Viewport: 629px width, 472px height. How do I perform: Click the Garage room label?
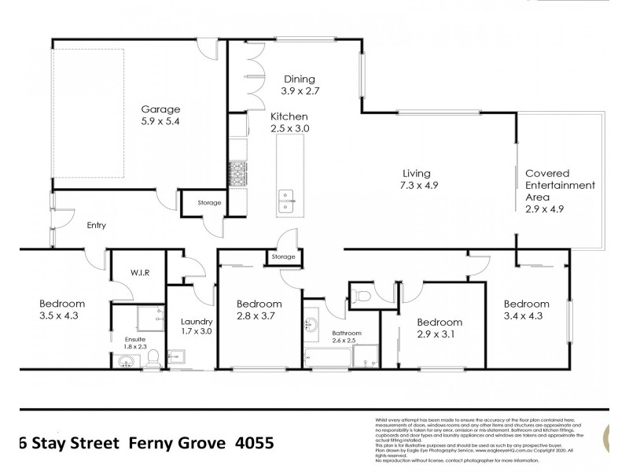pyautogui.click(x=160, y=116)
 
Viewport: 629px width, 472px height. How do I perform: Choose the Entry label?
pyautogui.click(x=96, y=226)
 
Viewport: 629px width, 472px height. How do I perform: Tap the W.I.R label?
pyautogui.click(x=141, y=272)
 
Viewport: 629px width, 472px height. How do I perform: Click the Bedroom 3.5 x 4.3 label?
pyautogui.click(x=62, y=310)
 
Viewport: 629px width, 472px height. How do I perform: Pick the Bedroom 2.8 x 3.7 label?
pyautogui.click(x=259, y=310)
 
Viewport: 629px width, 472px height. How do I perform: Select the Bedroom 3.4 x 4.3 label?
pyautogui.click(x=526, y=310)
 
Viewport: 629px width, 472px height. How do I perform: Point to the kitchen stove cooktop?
pyautogui.click(x=236, y=172)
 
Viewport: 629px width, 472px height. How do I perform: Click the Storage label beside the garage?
pyautogui.click(x=209, y=203)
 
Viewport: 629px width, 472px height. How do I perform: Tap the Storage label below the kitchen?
pyautogui.click(x=282, y=257)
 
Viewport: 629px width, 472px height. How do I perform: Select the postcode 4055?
pyautogui.click(x=254, y=442)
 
